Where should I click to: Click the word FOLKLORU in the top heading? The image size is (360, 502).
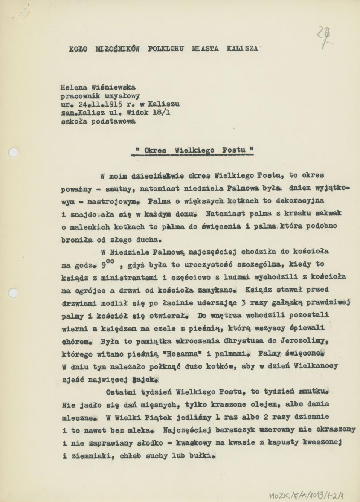tap(166, 49)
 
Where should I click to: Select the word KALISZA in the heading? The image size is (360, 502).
tap(242, 49)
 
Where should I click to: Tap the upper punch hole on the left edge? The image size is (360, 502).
tap(13, 153)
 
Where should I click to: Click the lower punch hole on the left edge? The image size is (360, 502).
tap(13, 293)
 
